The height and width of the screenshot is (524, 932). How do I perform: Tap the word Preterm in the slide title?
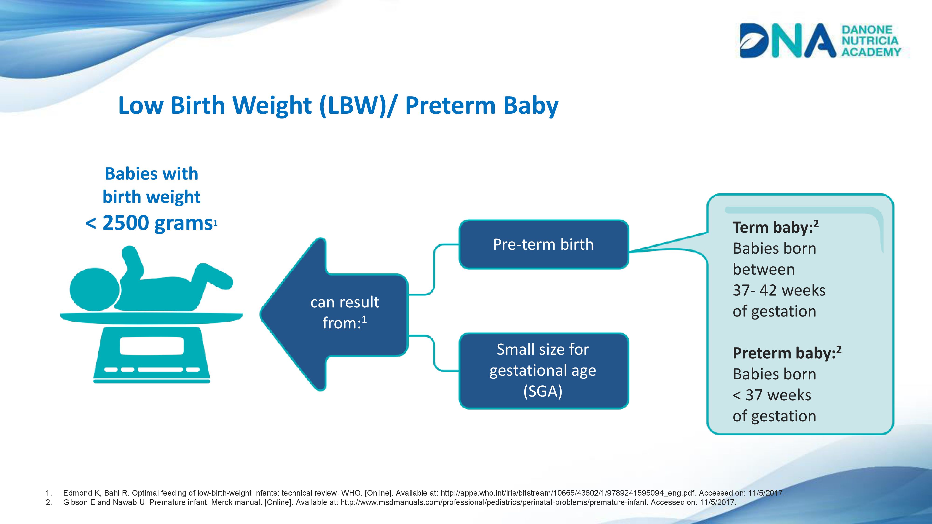[450, 105]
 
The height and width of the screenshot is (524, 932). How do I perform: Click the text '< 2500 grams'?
[149, 223]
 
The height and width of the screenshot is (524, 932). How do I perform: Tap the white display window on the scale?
[152, 346]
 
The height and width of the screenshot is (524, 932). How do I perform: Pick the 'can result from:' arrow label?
[344, 312]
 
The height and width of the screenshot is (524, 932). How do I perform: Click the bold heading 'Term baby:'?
[775, 228]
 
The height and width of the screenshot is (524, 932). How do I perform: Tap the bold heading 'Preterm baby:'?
[787, 353]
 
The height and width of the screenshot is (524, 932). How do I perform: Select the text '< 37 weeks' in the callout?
[772, 395]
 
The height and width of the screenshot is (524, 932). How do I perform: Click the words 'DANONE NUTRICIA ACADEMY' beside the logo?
[870, 41]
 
